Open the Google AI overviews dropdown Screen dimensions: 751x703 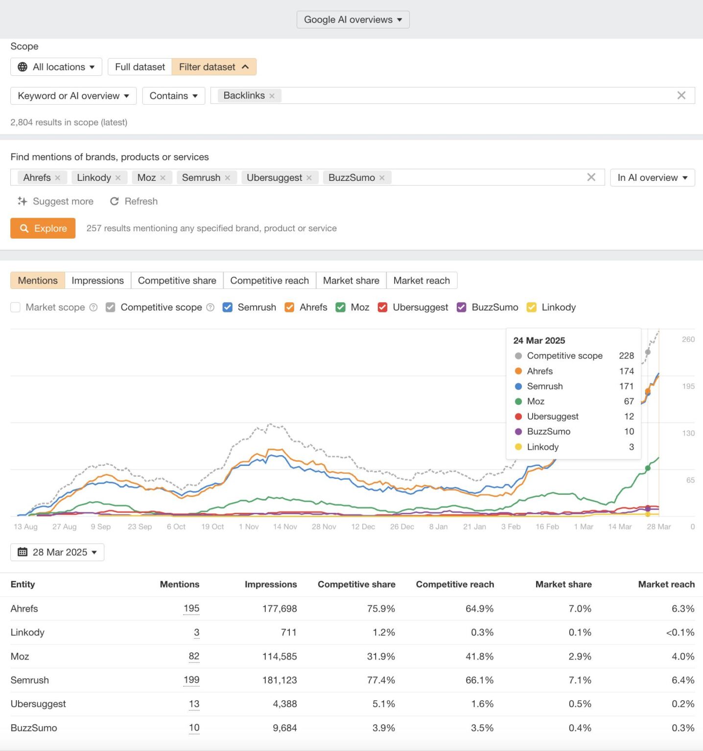pyautogui.click(x=352, y=20)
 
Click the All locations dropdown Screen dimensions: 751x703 pyautogui.click(x=56, y=67)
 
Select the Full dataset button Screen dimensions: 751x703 pyautogui.click(x=140, y=67)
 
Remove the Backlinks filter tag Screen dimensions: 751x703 pyautogui.click(x=272, y=96)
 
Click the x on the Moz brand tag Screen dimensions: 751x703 pyautogui.click(x=163, y=178)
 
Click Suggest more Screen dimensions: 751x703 pyautogui.click(x=55, y=201)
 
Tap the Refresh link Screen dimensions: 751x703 pyautogui.click(x=134, y=201)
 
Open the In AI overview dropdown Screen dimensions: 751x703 pyautogui.click(x=652, y=178)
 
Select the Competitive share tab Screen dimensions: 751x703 pyautogui.click(x=177, y=281)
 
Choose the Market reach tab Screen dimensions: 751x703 pyautogui.click(x=421, y=281)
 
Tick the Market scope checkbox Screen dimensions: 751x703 pyautogui.click(x=16, y=307)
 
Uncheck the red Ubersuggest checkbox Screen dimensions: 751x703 pyautogui.click(x=383, y=307)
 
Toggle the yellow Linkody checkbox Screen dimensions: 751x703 pyautogui.click(x=531, y=307)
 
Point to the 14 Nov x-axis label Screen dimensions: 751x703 pyautogui.click(x=285, y=527)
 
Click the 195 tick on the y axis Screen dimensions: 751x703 pyautogui.click(x=688, y=386)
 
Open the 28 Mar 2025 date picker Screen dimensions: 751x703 pyautogui.click(x=57, y=552)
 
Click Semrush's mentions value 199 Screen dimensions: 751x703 pyautogui.click(x=191, y=680)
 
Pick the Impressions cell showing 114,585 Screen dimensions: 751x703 pyautogui.click(x=279, y=656)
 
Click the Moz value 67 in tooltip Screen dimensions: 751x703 pyautogui.click(x=629, y=401)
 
